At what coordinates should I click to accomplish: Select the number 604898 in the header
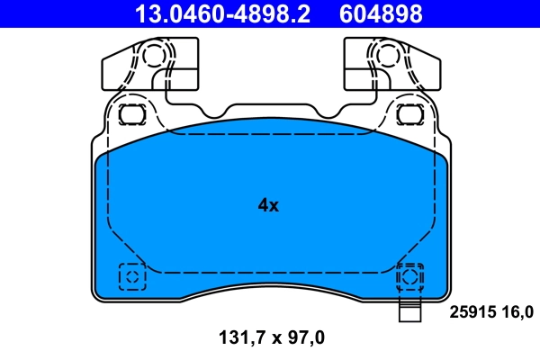380,13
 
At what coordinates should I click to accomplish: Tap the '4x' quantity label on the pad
268,205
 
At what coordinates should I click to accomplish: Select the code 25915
469,312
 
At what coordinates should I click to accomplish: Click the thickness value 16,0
516,312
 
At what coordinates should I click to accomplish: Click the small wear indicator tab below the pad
410,315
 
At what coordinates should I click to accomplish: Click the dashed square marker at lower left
131,276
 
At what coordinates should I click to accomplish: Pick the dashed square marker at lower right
410,276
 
